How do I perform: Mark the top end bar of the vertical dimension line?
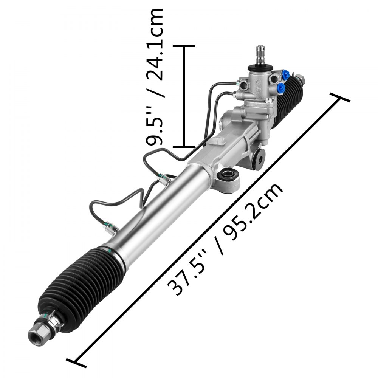pyautogui.click(x=184, y=46)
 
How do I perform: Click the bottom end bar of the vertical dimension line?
pyautogui.click(x=184, y=146)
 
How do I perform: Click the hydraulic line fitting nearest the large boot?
pyautogui.click(x=111, y=227)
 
